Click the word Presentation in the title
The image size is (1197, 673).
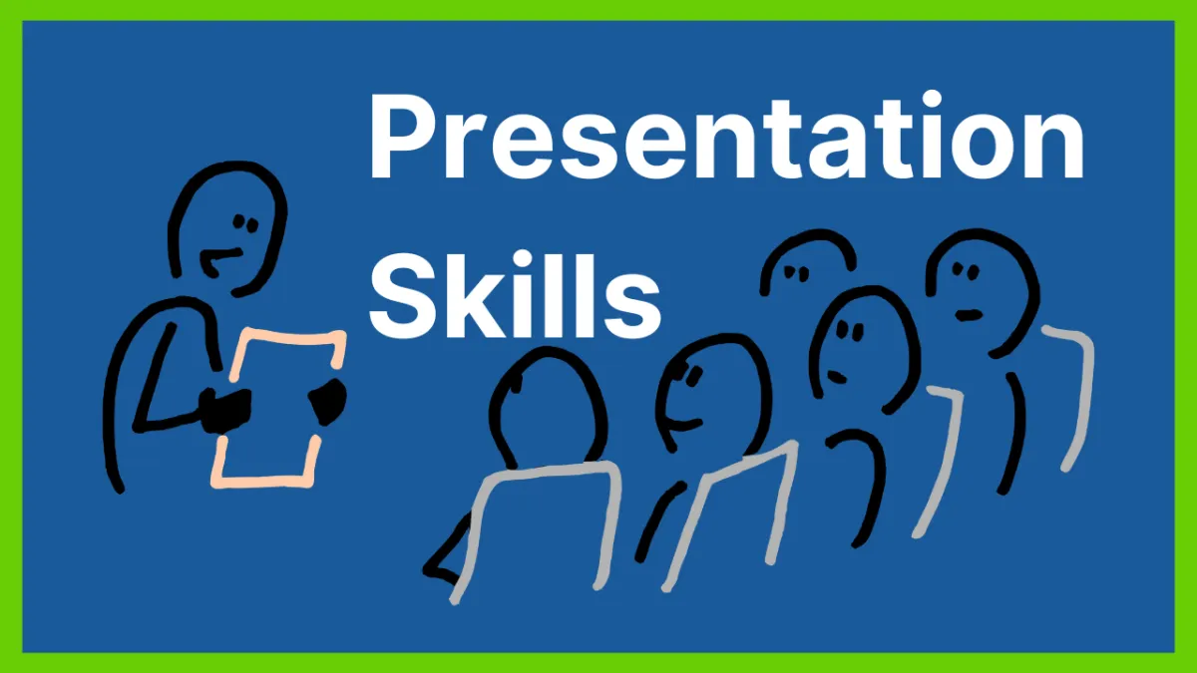click(726, 136)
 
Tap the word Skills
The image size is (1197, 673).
click(515, 295)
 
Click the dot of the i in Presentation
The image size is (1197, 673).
click(933, 100)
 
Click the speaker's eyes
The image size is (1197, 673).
click(245, 223)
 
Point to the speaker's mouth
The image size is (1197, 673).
click(219, 259)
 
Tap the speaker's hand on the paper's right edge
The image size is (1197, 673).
click(327, 402)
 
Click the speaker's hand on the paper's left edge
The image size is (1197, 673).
click(225, 410)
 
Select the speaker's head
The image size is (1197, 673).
click(227, 228)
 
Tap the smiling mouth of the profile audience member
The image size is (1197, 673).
click(681, 426)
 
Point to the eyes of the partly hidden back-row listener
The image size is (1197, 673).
click(796, 273)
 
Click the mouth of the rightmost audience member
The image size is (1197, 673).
click(969, 315)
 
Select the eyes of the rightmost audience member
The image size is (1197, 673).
click(967, 271)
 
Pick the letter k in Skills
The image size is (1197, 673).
click(490, 295)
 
